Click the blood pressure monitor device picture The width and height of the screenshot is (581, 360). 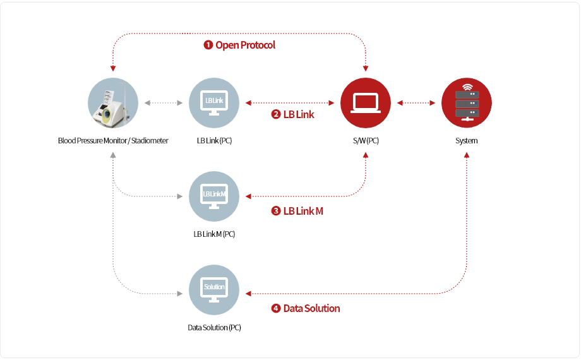point(113,103)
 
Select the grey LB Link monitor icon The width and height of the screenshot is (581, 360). point(214,103)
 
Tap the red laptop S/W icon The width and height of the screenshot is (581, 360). point(366,103)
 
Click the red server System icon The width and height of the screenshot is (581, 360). point(467,103)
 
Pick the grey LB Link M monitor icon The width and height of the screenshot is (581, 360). point(214,196)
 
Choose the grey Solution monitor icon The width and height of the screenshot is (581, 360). point(214,290)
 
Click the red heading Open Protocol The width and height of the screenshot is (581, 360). point(245,45)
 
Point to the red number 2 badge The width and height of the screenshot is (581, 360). point(276,115)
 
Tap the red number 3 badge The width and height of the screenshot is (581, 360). point(276,211)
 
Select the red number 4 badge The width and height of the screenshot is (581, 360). point(276,309)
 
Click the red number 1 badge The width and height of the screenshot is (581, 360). point(208,45)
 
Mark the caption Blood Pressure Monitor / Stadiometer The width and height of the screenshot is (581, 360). point(113,141)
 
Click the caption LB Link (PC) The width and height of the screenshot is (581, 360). point(214,141)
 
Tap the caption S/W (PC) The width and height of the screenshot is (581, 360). point(366,141)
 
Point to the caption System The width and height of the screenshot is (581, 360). point(467,141)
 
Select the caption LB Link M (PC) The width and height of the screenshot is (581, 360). point(214,234)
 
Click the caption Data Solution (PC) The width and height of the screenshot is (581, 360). point(214,328)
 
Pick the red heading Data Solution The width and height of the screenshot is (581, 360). point(311,309)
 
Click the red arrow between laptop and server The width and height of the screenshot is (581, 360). point(416,102)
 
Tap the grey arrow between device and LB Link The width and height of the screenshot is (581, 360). point(164,102)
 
